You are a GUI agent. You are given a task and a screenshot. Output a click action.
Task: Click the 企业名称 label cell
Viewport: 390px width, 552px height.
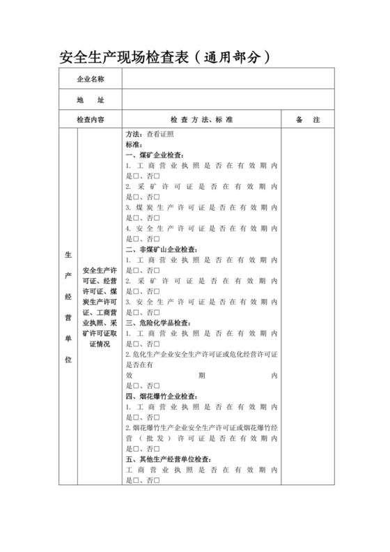[91, 80]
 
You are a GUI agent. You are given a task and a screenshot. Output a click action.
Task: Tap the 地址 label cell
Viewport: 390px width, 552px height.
[91, 100]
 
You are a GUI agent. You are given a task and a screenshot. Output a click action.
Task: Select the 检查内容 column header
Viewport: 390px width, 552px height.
[91, 121]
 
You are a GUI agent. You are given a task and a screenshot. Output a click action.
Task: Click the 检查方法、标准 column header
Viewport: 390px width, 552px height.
[202, 121]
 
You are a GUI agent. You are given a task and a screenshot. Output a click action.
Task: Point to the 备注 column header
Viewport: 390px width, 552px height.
[307, 121]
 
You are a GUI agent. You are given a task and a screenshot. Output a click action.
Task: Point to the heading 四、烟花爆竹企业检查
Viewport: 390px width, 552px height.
[162, 397]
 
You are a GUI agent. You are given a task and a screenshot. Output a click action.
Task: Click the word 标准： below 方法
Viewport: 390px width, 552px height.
[135, 145]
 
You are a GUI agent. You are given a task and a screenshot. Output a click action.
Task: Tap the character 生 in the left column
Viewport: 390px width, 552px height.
[68, 254]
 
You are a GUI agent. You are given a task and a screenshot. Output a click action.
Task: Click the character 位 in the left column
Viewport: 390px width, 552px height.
[68, 360]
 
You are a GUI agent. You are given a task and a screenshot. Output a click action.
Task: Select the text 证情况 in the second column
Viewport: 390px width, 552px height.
[100, 344]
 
